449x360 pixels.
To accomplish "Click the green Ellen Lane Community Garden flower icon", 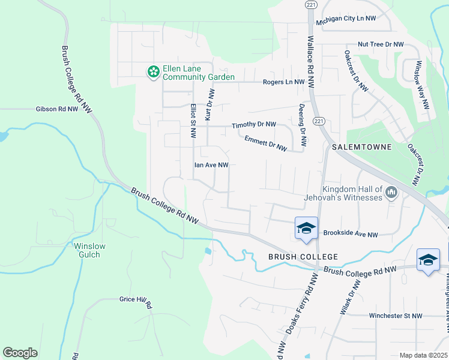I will pyautogui.click(x=154, y=71).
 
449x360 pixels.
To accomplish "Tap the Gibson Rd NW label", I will pyautogui.click(x=57, y=109).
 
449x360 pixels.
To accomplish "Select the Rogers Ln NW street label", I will pyautogui.click(x=284, y=82).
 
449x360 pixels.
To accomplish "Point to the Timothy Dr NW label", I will pyautogui.click(x=254, y=125).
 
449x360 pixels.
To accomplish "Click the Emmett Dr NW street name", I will pyautogui.click(x=265, y=143).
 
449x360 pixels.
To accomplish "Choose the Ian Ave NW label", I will pyautogui.click(x=211, y=164).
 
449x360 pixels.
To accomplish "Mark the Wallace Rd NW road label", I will pyautogui.click(x=311, y=62).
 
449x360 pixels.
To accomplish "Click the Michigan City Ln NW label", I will pyautogui.click(x=349, y=19).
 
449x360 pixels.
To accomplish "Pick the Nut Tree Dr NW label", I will pyautogui.click(x=381, y=44).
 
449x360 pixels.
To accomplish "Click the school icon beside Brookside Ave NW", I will pyautogui.click(x=306, y=228).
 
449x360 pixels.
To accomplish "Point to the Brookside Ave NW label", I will pyautogui.click(x=351, y=235).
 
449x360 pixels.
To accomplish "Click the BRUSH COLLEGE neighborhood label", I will pyautogui.click(x=303, y=257).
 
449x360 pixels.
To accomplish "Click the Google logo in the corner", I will pyautogui.click(x=20, y=353).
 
